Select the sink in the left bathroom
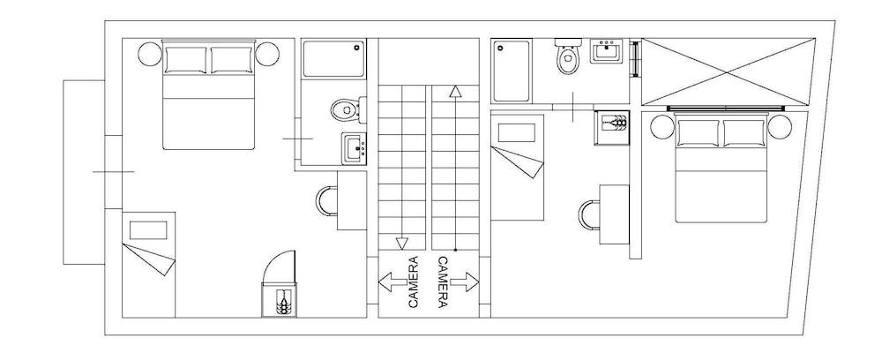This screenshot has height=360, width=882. [x=355, y=147]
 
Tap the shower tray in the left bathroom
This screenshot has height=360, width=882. [x=333, y=59]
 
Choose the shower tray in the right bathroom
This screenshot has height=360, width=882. [x=512, y=71]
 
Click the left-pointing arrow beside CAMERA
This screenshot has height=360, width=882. [x=392, y=282]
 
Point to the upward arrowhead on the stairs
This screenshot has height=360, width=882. [x=455, y=91]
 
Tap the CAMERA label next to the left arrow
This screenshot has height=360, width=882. [x=413, y=282]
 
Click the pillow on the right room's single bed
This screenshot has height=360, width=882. [x=516, y=133]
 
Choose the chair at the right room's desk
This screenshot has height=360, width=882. [x=588, y=215]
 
